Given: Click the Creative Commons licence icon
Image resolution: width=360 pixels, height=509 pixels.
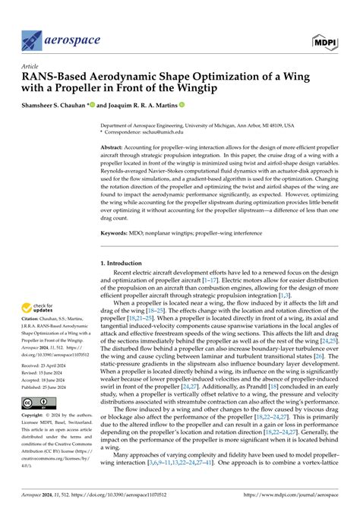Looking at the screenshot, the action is [36, 401].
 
